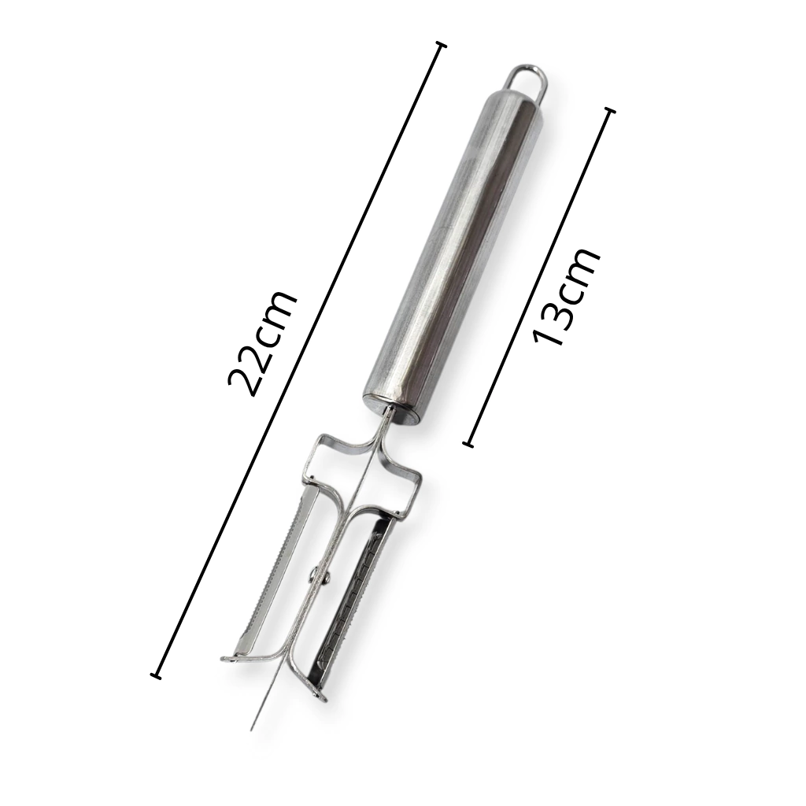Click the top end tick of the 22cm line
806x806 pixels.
click(x=441, y=46)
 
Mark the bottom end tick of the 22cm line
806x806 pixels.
click(x=156, y=675)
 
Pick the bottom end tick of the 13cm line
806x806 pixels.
click(x=468, y=445)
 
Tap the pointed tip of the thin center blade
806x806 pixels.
click(x=252, y=730)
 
